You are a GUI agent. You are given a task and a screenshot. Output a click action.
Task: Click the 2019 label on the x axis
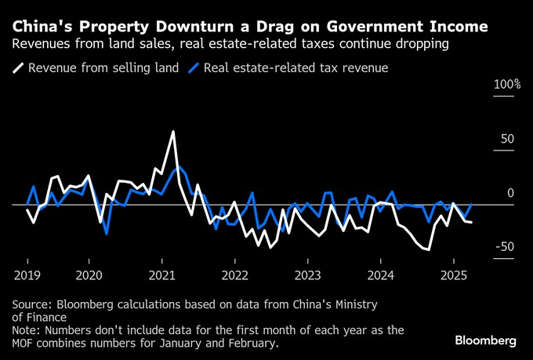(x=27, y=275)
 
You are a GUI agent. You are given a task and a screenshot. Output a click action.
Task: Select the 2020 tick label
(x=89, y=275)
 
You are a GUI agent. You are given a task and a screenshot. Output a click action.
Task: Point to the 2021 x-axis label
(x=161, y=275)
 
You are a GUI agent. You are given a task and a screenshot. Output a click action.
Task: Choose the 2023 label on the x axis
(x=307, y=275)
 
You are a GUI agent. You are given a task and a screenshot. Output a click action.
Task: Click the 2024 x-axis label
(x=380, y=275)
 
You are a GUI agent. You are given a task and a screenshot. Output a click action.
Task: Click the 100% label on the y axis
(x=506, y=85)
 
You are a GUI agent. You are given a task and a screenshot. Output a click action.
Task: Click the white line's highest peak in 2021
(x=173, y=132)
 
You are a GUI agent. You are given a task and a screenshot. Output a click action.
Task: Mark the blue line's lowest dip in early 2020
(x=106, y=233)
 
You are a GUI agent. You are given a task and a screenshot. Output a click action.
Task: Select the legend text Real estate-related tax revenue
(x=296, y=67)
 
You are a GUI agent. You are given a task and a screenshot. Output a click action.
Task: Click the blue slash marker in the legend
(x=194, y=67)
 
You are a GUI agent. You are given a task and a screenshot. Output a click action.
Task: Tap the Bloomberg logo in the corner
(x=485, y=340)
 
